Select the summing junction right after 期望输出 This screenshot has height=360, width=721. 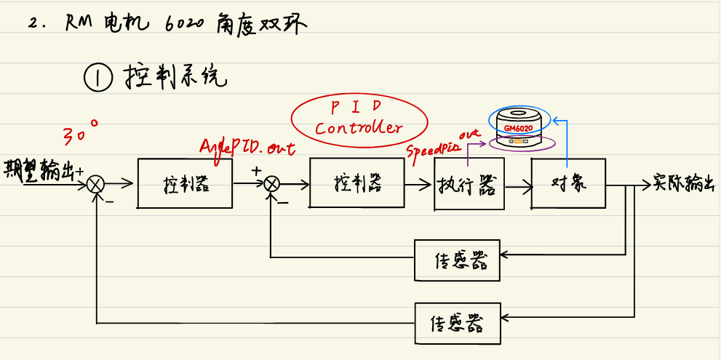click(x=95, y=185)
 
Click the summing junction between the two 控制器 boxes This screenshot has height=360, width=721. click(x=271, y=185)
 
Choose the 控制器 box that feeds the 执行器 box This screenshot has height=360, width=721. click(x=357, y=183)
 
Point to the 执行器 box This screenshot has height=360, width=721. click(x=467, y=185)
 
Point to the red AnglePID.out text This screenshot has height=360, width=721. click(x=247, y=146)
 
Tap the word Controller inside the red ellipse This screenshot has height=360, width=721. click(x=358, y=129)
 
